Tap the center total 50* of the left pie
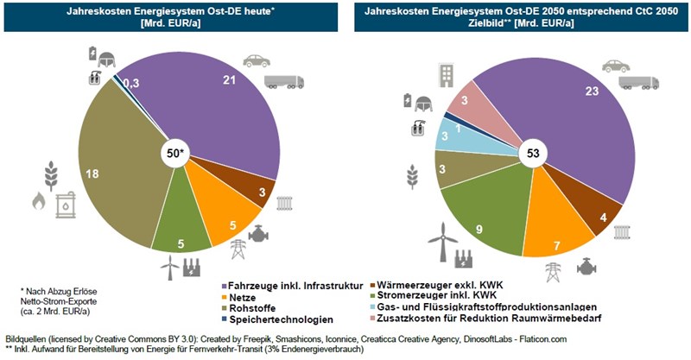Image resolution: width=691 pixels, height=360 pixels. [x=175, y=154]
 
